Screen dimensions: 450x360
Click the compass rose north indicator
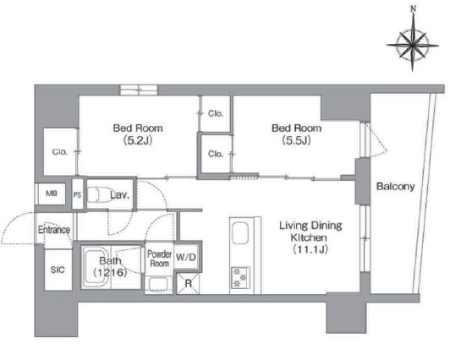click(x=413, y=9)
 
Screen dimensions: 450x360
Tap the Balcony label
click(x=396, y=186)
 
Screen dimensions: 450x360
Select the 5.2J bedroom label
click(x=138, y=134)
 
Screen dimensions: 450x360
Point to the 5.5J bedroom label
click(x=296, y=134)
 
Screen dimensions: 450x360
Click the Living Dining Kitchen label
click(x=310, y=237)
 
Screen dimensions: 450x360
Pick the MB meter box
click(x=52, y=194)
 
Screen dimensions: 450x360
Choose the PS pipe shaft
click(x=77, y=195)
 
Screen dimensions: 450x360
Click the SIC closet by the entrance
click(x=58, y=270)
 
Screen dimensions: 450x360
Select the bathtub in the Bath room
click(x=96, y=267)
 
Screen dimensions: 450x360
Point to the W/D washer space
click(x=186, y=257)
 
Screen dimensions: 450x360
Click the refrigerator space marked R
click(x=188, y=283)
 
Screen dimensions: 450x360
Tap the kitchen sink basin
click(x=240, y=233)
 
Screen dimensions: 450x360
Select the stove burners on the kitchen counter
click(x=240, y=277)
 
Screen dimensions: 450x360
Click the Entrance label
click(x=54, y=230)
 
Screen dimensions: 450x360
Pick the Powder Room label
click(x=159, y=259)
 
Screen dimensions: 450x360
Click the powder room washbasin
click(x=158, y=285)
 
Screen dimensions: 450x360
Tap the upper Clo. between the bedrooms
click(x=216, y=114)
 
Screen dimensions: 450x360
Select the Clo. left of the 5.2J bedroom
click(x=60, y=151)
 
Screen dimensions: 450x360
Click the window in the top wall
click(x=139, y=90)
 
